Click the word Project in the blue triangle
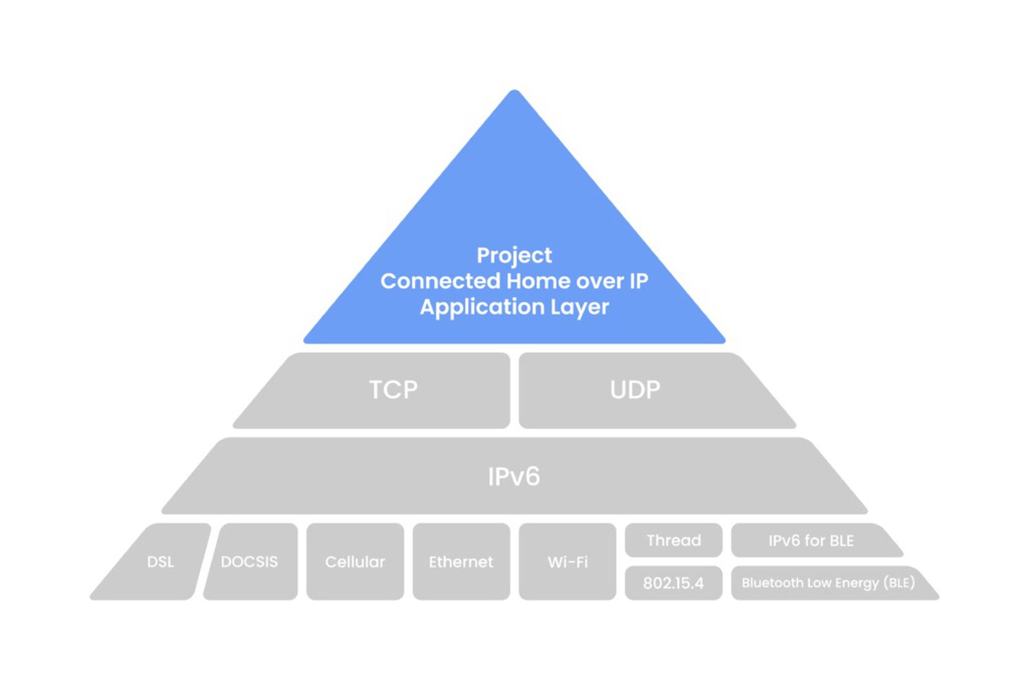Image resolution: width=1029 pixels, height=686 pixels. (x=514, y=255)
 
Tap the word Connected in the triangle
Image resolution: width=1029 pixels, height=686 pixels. (x=440, y=281)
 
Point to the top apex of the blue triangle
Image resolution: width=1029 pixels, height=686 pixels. (x=514, y=94)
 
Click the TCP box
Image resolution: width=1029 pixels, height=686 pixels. (x=393, y=390)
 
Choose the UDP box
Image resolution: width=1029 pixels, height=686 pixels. (x=635, y=390)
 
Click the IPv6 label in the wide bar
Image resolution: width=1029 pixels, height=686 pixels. (x=514, y=476)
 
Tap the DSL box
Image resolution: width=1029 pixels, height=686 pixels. (x=160, y=562)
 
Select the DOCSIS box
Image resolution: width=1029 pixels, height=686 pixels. (x=250, y=562)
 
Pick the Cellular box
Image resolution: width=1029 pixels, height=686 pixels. (x=355, y=562)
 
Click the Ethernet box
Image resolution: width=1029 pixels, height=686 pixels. (x=461, y=562)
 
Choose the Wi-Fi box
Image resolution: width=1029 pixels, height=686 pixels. (x=567, y=562)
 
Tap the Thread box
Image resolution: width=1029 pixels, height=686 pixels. (x=673, y=540)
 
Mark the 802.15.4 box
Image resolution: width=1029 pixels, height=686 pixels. (x=673, y=583)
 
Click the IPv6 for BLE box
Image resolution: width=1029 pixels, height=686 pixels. (x=811, y=541)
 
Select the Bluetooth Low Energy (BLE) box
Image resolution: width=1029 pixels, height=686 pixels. (x=828, y=583)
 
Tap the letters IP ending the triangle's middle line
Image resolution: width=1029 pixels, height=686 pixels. (x=638, y=281)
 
